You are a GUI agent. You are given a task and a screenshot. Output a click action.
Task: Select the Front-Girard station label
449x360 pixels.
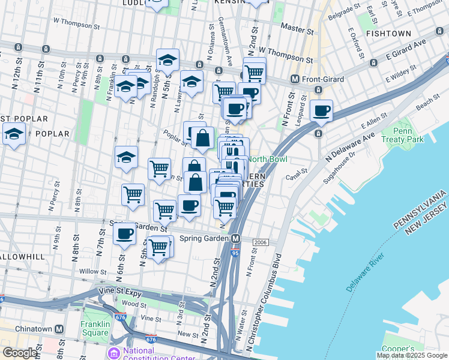point(318,79)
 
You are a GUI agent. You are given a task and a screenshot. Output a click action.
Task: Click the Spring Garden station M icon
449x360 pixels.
point(237,238)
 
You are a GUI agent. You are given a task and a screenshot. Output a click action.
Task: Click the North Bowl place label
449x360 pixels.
point(267,159)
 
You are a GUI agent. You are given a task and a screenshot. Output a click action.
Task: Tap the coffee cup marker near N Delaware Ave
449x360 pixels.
point(322,111)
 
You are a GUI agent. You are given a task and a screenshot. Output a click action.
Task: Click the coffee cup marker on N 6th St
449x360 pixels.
point(125,233)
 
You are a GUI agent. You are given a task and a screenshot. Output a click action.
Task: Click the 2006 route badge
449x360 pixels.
point(260,242)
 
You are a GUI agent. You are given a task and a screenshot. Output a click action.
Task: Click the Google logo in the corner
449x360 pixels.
point(20,353)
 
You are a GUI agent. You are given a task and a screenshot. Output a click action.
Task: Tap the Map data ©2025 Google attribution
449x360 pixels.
point(412,355)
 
